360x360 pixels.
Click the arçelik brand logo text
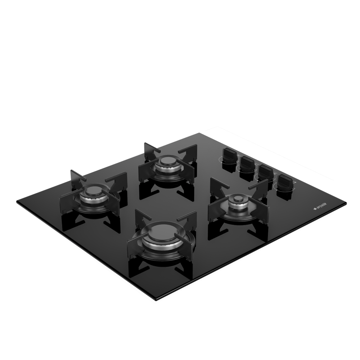click(321, 206)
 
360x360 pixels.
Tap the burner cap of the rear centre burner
click(168, 161)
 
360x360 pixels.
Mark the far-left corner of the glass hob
click(17, 202)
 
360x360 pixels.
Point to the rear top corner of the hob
click(199, 134)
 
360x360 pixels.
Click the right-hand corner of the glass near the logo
click(345, 203)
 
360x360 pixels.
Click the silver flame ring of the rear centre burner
click(168, 170)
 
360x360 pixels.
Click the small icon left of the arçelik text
click(315, 209)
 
